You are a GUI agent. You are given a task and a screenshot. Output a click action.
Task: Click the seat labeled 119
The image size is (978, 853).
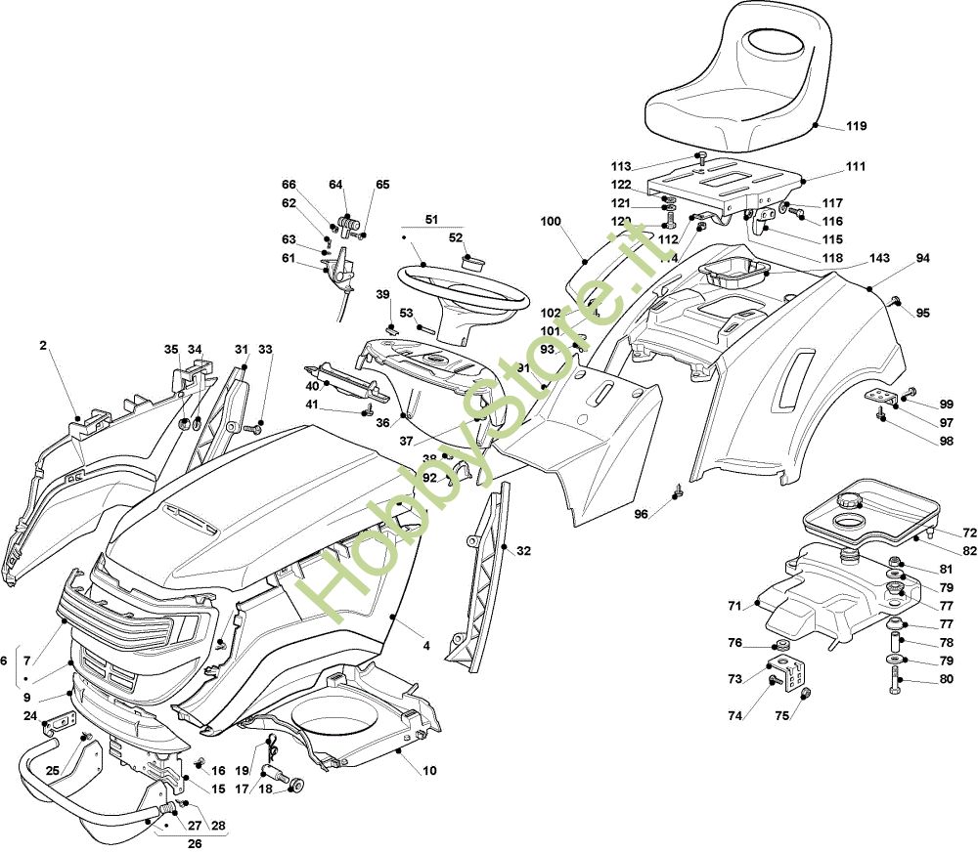click(x=753, y=78)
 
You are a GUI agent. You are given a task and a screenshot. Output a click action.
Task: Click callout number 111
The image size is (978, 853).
click(x=856, y=167)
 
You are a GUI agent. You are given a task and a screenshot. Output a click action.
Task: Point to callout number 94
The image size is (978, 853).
click(x=922, y=259)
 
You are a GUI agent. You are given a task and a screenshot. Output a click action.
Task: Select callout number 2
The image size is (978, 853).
click(x=43, y=345)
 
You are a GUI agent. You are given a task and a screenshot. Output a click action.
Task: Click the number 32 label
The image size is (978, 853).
click(x=523, y=551)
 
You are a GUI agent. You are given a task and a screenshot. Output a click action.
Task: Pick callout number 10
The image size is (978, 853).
click(x=429, y=770)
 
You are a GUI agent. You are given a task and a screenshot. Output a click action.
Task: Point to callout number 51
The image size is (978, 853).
click(x=431, y=219)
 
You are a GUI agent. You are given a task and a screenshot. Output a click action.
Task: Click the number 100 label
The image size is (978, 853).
click(x=551, y=222)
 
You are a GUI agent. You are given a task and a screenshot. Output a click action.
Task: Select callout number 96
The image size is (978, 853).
click(x=641, y=514)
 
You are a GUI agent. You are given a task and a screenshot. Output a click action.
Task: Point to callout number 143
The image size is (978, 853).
click(x=878, y=259)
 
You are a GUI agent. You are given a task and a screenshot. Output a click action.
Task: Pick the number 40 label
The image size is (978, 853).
click(x=312, y=386)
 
